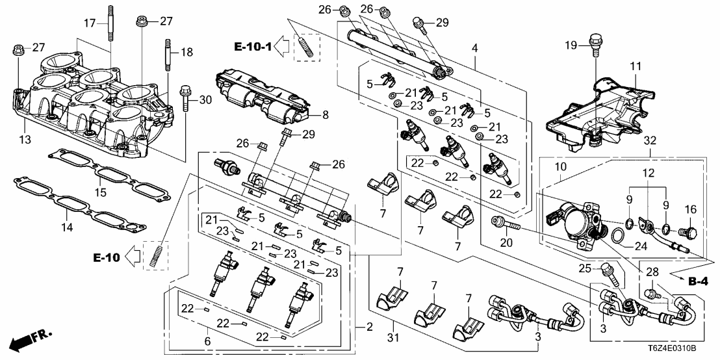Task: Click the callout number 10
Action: pos(559,167)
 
